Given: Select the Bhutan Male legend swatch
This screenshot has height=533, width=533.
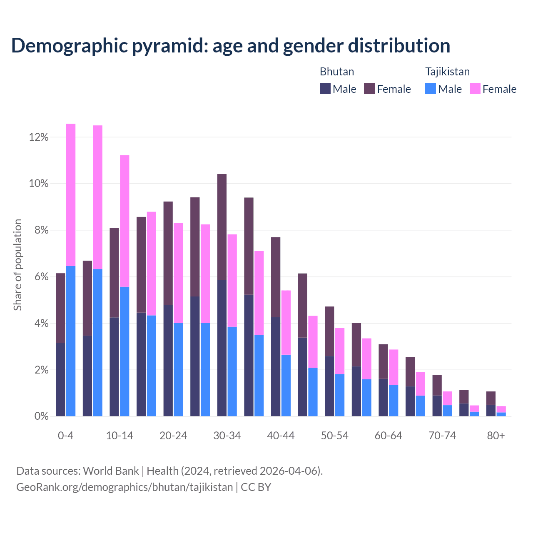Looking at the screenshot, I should (x=325, y=89).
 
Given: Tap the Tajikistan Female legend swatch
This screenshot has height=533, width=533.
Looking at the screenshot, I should (x=475, y=89).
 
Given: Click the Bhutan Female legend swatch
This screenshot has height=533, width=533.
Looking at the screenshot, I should (x=369, y=89).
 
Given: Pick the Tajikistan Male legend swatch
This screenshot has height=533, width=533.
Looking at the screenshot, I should (x=431, y=89).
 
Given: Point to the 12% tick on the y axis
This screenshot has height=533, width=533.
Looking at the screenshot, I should (x=39, y=137).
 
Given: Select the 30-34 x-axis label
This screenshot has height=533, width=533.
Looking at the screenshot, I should (x=227, y=436).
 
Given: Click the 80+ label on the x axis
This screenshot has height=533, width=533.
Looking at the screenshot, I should (x=496, y=436).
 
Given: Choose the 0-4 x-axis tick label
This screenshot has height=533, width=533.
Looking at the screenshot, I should (x=66, y=436).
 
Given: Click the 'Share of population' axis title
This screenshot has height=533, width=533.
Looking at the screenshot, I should (x=17, y=265).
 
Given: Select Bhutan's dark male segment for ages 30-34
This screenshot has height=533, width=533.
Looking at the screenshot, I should (x=222, y=348).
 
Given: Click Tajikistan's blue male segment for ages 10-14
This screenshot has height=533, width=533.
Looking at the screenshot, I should (x=125, y=351).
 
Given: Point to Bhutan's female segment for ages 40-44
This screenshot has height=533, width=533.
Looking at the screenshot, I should (x=276, y=277).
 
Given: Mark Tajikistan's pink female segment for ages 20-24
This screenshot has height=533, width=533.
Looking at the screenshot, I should (x=178, y=273).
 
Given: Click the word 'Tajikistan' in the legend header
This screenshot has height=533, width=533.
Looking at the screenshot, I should (x=447, y=72).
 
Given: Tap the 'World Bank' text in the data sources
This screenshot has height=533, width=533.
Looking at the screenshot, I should (x=111, y=471).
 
